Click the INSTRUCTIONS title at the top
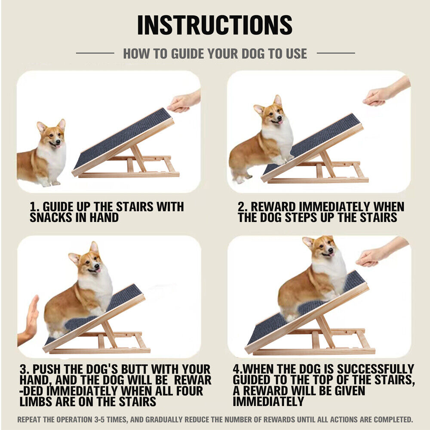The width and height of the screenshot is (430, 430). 215,25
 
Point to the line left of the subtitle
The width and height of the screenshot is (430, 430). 95,53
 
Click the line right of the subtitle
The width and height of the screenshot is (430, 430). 335,53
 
